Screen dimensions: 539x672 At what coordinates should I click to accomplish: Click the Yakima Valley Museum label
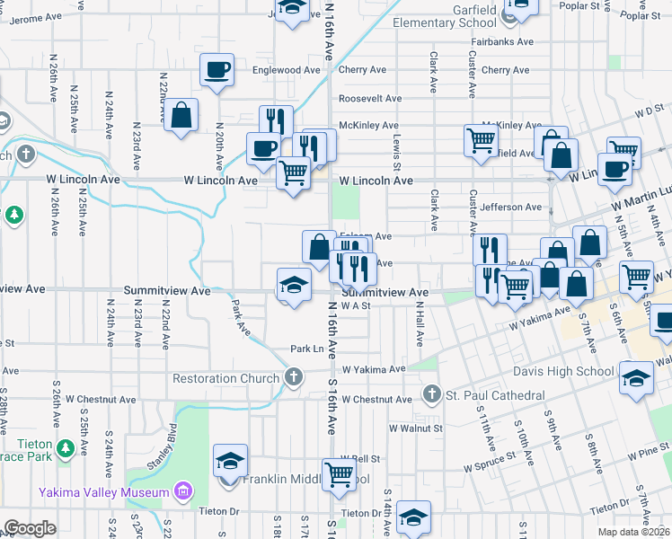pos(103,492)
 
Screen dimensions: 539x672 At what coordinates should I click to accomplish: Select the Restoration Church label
pos(225,378)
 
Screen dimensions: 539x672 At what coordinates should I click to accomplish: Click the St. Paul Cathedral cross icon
pos(431,395)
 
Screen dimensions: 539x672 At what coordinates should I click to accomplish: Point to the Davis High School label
pos(563,371)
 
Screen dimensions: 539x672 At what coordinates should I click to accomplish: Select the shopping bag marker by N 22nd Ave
pos(181,115)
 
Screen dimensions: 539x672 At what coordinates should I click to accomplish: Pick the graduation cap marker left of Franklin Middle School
pos(230,462)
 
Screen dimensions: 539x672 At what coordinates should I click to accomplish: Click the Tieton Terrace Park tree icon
pos(64,447)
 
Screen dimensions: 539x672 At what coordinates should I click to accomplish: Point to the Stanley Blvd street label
pos(147,458)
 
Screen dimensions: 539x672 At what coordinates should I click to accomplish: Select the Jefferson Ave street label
pos(511,208)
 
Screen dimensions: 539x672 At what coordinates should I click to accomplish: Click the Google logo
pos(30,528)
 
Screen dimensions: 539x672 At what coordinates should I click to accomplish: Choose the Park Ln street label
pos(305,349)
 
